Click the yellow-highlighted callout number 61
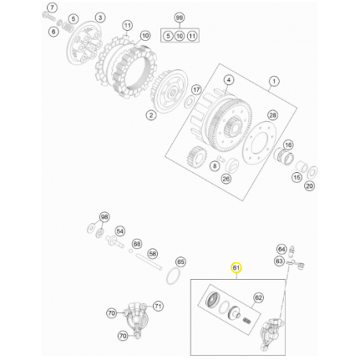click(x=236, y=267)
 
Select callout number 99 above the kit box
click(x=179, y=17)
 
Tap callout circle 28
click(x=273, y=115)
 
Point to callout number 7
click(x=52, y=8)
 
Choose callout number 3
click(x=100, y=17)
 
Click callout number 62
click(x=259, y=298)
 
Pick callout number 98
click(x=105, y=217)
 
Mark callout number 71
click(x=158, y=306)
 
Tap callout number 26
click(x=226, y=179)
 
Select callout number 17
click(x=197, y=90)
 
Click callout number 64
click(x=281, y=249)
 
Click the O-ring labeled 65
click(x=173, y=276)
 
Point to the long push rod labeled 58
click(x=149, y=261)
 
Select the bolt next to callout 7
click(x=49, y=16)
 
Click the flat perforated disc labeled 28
click(x=259, y=143)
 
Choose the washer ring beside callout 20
click(x=312, y=172)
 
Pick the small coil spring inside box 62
click(x=247, y=320)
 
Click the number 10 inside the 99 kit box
click(x=179, y=35)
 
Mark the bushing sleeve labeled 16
click(x=284, y=156)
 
